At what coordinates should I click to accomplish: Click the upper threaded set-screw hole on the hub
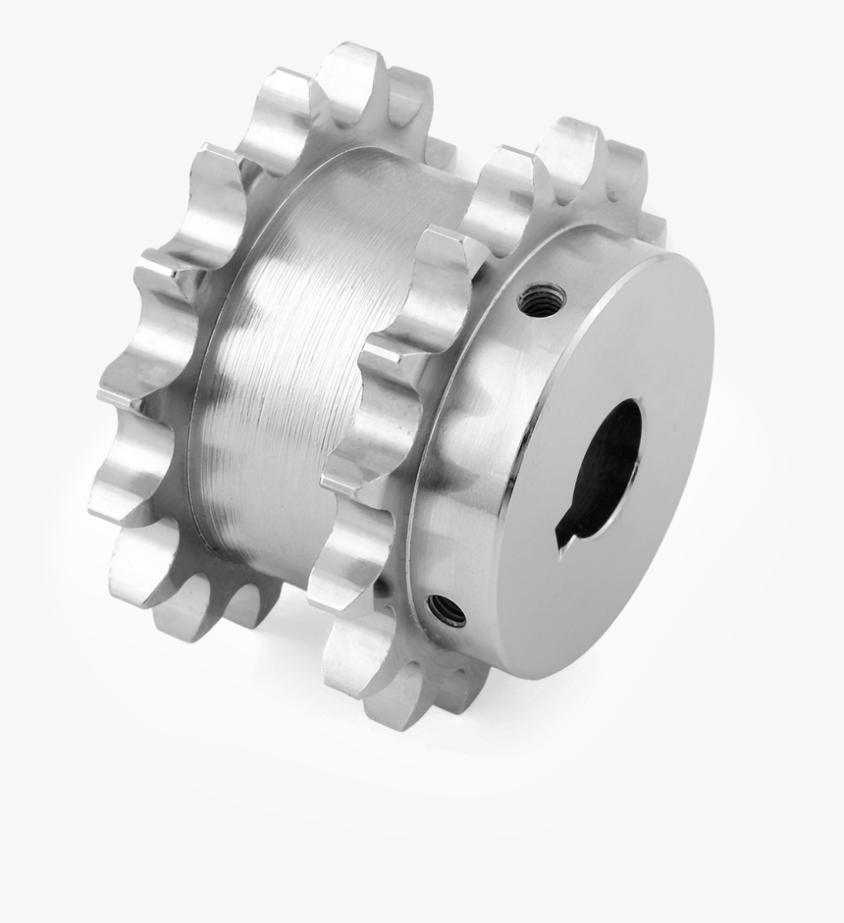tap(542, 299)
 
